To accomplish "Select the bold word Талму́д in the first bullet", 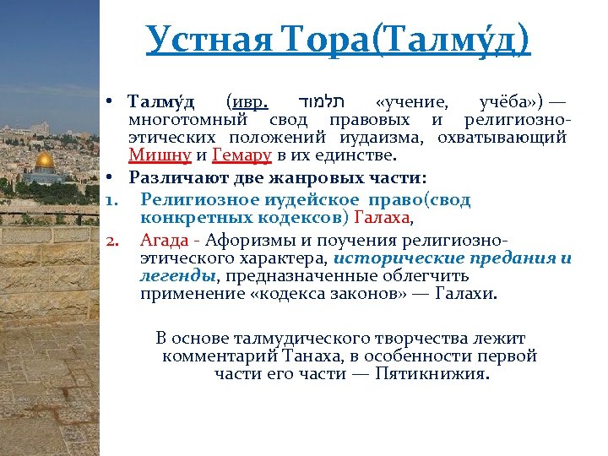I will point(161,103).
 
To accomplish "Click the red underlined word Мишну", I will point(160,155).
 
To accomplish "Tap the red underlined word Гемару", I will point(242,155).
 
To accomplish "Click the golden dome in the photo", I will point(46,160).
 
